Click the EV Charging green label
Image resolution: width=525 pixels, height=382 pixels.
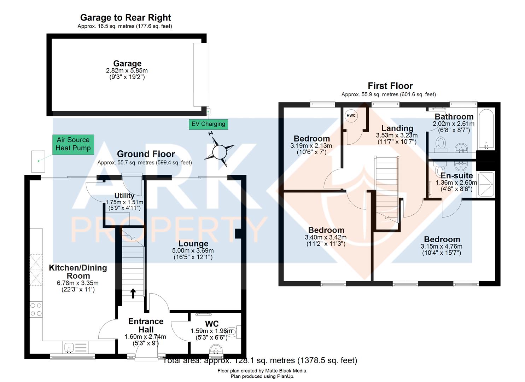208,124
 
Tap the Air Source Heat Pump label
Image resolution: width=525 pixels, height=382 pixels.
74,144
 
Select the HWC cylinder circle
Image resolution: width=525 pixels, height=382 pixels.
351,116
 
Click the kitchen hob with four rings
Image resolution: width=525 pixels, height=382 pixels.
36,309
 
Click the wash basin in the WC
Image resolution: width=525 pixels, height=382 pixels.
216,350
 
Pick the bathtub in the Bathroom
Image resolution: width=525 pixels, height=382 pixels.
486,129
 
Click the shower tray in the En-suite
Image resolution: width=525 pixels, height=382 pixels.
486,184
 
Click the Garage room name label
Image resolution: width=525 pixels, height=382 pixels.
127,64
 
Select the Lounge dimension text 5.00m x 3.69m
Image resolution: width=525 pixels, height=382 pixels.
193,250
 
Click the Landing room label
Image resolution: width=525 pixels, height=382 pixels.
397,128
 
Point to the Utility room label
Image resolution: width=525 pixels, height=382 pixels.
124,196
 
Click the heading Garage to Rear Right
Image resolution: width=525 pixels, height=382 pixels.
126,18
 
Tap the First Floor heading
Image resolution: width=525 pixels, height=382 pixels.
390,86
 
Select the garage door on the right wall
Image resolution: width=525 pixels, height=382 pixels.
201,75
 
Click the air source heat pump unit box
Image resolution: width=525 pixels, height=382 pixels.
38,161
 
